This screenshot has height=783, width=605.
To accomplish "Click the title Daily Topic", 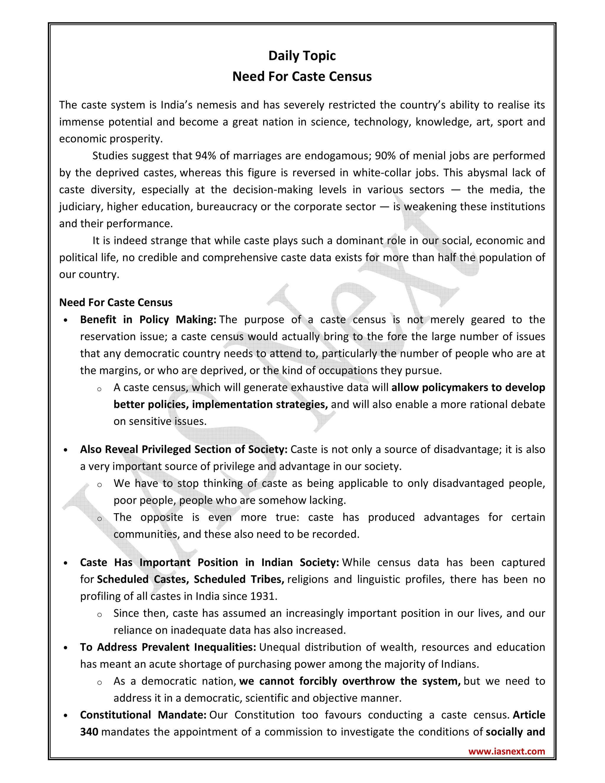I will (302, 56).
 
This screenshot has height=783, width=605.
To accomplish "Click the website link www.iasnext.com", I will (506, 751).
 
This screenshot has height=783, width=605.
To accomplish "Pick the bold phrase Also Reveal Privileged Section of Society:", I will (183, 449).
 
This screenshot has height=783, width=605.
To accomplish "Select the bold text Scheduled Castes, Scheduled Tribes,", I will (190, 579).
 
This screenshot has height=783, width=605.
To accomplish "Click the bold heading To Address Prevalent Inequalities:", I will (168, 647).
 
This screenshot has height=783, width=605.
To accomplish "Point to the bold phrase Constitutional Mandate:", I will (143, 715).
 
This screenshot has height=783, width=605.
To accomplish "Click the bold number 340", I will (89, 732).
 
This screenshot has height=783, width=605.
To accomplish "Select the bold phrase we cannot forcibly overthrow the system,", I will (350, 681).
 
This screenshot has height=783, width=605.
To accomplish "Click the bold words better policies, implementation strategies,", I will (220, 405).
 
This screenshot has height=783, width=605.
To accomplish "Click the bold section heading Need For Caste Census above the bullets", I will (116, 303).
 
